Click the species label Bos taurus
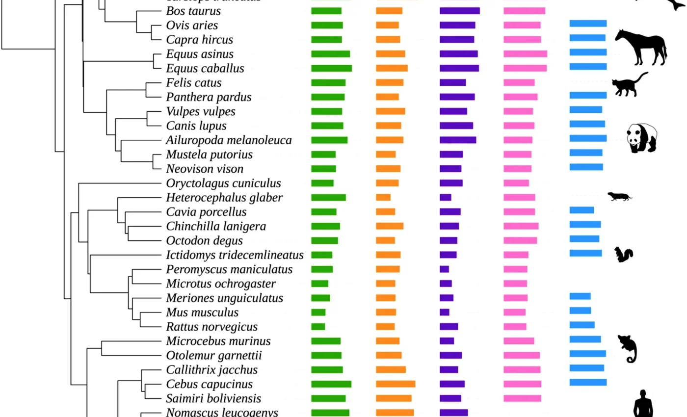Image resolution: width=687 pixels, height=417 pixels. [x=193, y=11]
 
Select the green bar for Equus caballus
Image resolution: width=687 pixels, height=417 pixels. [x=331, y=68]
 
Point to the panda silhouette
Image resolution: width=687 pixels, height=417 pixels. [x=642, y=138]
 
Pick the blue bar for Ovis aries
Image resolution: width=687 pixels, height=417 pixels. [x=588, y=24]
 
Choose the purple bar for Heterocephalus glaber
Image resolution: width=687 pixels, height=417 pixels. [x=446, y=197]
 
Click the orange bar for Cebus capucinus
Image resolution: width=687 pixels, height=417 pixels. [x=396, y=384]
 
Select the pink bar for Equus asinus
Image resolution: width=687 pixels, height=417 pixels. [x=525, y=54]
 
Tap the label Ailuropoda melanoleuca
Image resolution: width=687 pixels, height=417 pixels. [x=229, y=140]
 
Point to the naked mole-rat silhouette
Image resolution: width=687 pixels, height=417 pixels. [x=620, y=196]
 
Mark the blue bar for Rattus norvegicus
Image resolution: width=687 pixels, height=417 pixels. [x=582, y=325]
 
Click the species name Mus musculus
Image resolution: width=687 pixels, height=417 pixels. [x=202, y=313]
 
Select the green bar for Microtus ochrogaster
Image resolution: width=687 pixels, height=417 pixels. [x=319, y=284]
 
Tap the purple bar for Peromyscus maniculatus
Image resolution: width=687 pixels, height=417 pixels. [x=444, y=269]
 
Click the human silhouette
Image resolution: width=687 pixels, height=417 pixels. [x=645, y=403]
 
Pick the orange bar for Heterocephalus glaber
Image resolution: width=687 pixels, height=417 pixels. [x=383, y=197]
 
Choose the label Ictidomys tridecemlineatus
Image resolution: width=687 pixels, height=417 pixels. [x=235, y=255]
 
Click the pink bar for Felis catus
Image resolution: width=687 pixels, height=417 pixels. [x=519, y=82]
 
